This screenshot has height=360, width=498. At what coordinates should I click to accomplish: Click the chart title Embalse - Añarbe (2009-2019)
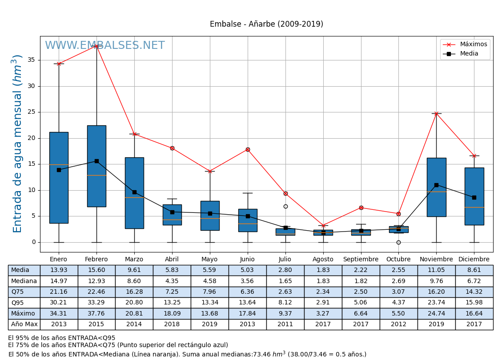[x=266, y=24]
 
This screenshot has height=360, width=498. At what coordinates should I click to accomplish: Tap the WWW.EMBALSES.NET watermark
[x=104, y=46]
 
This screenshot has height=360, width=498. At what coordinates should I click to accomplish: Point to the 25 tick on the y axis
[x=32, y=112]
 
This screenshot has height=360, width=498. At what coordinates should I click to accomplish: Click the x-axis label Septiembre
[x=361, y=260]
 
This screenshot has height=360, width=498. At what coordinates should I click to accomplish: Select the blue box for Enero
[x=59, y=178]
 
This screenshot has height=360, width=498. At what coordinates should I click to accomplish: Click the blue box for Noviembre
[x=436, y=187]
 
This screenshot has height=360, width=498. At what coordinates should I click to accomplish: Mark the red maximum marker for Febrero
[x=96, y=46]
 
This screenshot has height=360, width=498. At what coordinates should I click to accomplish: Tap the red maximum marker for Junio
[x=248, y=149]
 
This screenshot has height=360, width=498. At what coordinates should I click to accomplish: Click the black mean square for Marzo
[x=134, y=192]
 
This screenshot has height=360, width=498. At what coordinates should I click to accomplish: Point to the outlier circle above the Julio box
[x=285, y=206]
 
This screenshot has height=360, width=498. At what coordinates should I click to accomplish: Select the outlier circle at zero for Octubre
[x=398, y=242]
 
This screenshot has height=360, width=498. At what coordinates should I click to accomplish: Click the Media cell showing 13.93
[x=59, y=270]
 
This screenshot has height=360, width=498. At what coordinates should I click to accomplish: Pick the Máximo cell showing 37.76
[x=96, y=313]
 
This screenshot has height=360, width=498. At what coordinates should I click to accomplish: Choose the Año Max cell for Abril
[x=172, y=324]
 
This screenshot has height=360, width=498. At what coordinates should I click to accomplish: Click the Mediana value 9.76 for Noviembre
[x=436, y=281]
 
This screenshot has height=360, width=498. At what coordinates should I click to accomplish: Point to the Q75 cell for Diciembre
[x=474, y=292]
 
